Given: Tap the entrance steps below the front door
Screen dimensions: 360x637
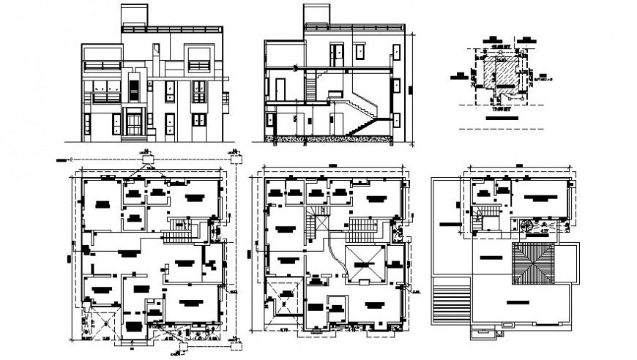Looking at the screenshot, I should pos(133,137).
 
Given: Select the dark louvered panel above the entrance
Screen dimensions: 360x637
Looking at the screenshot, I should pos(133,90).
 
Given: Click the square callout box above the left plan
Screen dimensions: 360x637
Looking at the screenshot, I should pos(148,156).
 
